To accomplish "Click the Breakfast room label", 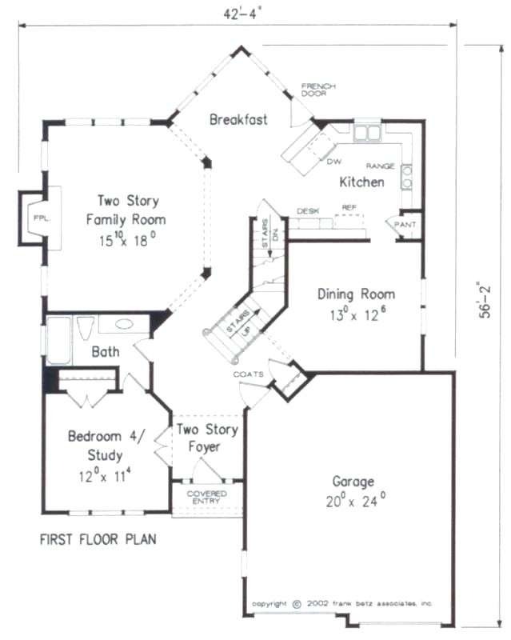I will (238, 120).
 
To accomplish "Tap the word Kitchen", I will (361, 182).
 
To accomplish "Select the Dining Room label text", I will (355, 294).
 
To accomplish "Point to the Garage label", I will (353, 482).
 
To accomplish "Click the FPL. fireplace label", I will (38, 217).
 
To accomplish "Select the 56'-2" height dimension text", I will (485, 300).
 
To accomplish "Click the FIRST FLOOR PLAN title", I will (98, 540).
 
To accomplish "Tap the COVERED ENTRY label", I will (206, 498).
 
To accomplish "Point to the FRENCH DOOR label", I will (318, 90).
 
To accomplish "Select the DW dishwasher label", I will (333, 161).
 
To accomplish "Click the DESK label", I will (308, 210).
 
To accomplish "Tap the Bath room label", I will (105, 351).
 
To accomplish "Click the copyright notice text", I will (342, 603).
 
